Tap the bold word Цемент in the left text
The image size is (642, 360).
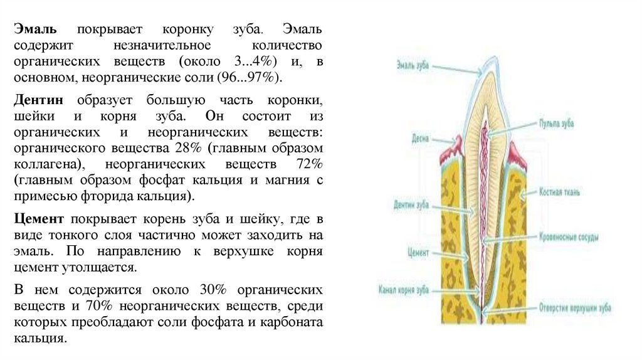click(39, 220)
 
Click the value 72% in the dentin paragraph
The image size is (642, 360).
click(308, 164)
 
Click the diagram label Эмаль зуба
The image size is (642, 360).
click(412, 64)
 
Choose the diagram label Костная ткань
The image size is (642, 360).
click(560, 189)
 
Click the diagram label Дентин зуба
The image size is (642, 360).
click(411, 204)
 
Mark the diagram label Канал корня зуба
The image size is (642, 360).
click(404, 290)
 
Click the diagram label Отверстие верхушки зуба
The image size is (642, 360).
click(575, 308)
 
